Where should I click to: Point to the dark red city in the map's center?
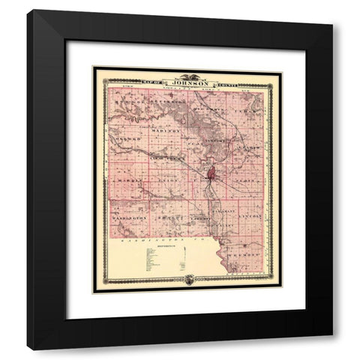212,175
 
